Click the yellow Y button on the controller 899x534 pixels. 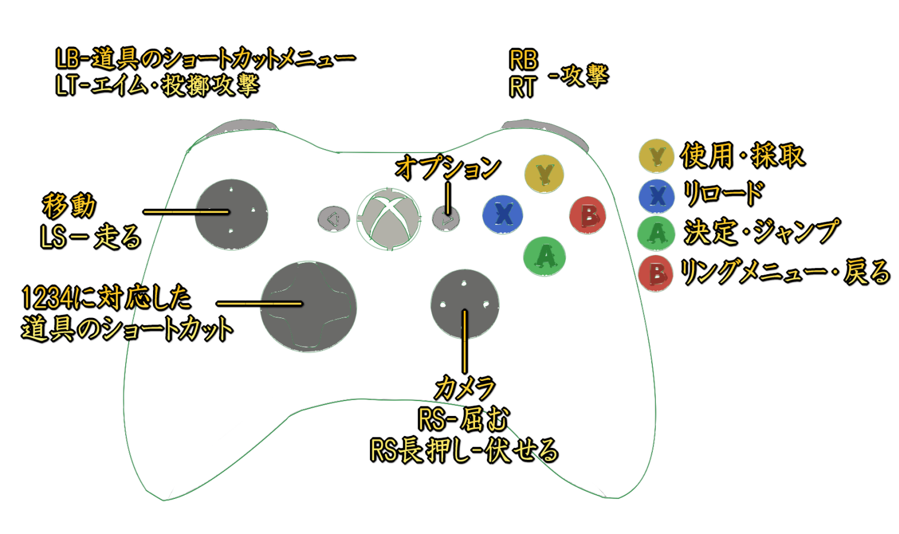[x=544, y=173]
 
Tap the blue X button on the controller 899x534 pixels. [x=503, y=214]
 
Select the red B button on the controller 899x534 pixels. [x=587, y=215]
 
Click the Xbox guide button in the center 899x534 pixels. [x=389, y=219]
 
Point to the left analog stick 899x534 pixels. [x=231, y=214]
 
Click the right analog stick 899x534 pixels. [x=464, y=305]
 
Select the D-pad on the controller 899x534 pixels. [x=308, y=306]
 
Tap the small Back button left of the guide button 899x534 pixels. [x=333, y=220]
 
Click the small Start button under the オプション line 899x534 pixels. [x=446, y=220]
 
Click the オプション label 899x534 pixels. [x=448, y=168]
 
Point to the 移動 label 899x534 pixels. [x=69, y=205]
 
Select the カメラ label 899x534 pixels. [x=464, y=388]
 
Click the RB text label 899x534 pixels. [x=523, y=60]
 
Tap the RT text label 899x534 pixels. [x=522, y=87]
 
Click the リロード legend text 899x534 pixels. [x=723, y=193]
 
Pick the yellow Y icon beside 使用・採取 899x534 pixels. [x=656, y=156]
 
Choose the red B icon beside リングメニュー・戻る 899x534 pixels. [x=656, y=274]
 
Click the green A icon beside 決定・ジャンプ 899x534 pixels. [x=656, y=233]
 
